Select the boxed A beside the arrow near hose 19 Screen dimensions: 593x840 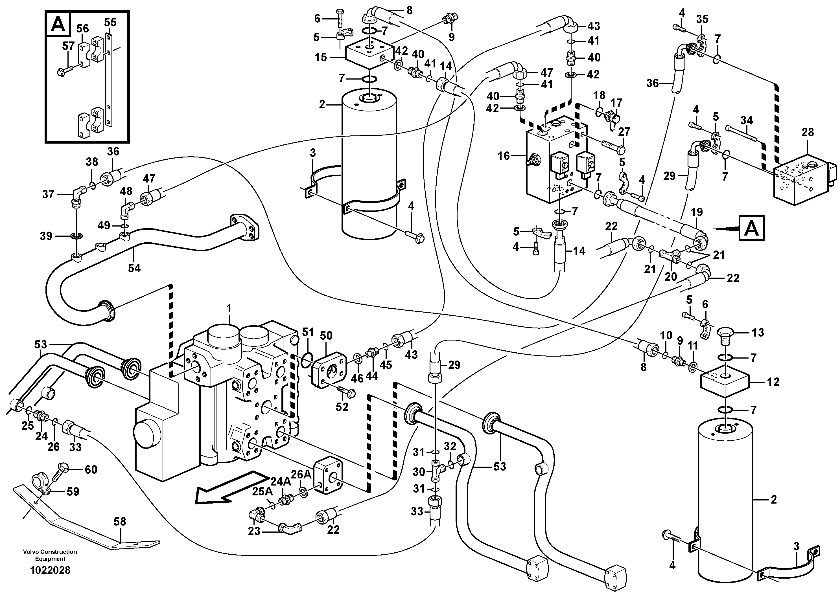(751, 229)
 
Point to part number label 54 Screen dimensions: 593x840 (134, 268)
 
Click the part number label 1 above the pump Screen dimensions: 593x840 (229, 309)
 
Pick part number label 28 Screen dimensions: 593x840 (808, 132)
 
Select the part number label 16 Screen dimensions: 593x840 (504, 156)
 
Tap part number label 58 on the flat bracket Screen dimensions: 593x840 (120, 522)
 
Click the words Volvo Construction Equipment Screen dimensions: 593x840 (50, 555)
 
